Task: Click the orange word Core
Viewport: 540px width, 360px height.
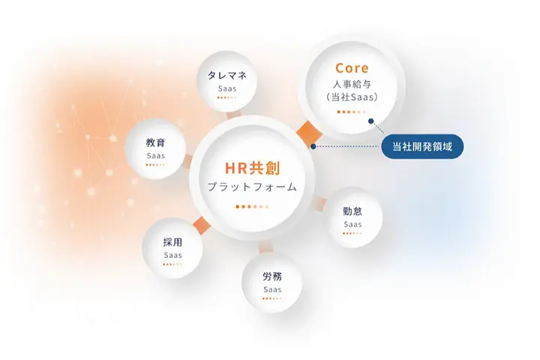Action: [x=352, y=67]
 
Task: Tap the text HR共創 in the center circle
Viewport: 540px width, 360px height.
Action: [x=253, y=168]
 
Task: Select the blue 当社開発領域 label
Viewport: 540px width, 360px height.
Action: [x=422, y=147]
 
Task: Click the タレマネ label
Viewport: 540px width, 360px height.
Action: [x=227, y=76]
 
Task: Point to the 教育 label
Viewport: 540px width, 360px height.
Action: [x=156, y=142]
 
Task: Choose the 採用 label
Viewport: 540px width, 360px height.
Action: [x=172, y=242]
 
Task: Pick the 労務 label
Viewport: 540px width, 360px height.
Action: [x=272, y=276]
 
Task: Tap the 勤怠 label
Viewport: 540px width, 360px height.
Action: [x=352, y=211]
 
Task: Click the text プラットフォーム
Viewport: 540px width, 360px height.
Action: [x=252, y=187]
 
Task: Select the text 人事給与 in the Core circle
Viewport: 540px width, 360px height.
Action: [x=352, y=84]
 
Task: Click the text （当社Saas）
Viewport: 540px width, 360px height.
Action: [x=352, y=97]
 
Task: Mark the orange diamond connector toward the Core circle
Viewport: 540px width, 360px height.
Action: [x=308, y=133]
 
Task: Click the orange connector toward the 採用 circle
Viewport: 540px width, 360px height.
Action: [x=202, y=226]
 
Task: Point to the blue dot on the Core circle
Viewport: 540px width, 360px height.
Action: [x=371, y=121]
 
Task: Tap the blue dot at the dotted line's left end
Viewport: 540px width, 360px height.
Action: [x=313, y=146]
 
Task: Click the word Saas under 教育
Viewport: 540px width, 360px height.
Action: [x=156, y=156]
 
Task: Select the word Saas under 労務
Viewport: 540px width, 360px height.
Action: [x=272, y=289]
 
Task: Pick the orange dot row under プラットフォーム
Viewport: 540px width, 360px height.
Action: [x=252, y=207]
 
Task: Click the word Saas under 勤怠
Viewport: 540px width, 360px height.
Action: [x=352, y=224]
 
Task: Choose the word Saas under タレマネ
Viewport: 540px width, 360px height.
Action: [x=227, y=89]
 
